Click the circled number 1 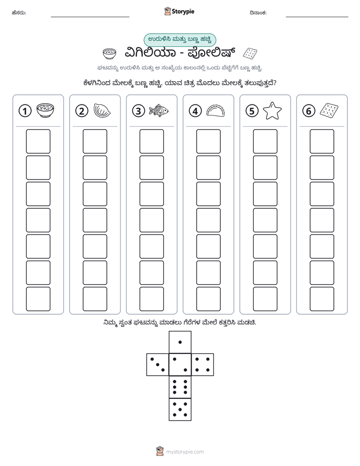pos(25,111)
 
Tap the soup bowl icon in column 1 pos(45,110)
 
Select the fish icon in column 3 pos(159,110)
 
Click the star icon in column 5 pos(272,110)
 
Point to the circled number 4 pos(195,111)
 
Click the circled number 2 pos(82,111)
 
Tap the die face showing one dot pos(180,342)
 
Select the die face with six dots pos(180,387)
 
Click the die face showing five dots pos(180,410)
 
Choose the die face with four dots pos(203,365)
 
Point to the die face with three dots pos(158,365)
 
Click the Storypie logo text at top pos(183,12)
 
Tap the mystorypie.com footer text pos(185,452)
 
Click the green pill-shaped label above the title pos(179,39)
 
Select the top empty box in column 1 pos(38,141)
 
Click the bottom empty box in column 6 pos(322,299)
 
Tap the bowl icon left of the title pos(109,53)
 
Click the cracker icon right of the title pos(250,53)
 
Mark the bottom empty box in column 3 pos(151,299)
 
